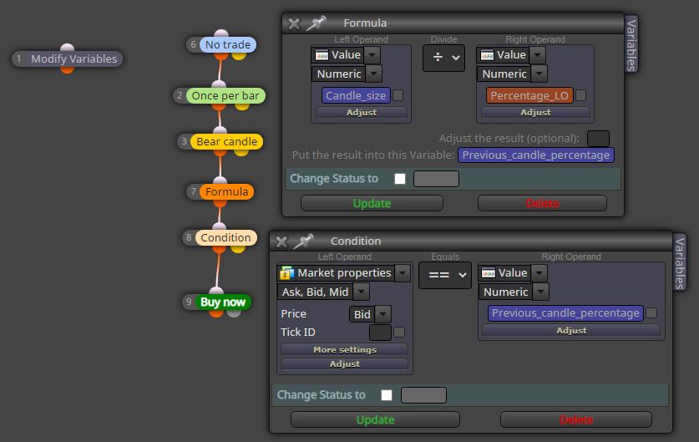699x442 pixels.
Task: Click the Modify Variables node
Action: (x=67, y=58)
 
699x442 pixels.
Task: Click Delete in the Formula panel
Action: (x=542, y=203)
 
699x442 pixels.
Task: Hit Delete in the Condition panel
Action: (x=576, y=419)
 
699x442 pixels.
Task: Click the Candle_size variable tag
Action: (x=356, y=95)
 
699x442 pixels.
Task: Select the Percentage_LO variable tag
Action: (x=529, y=95)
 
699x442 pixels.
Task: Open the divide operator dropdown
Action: (x=443, y=58)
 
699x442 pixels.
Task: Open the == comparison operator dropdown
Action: (x=445, y=275)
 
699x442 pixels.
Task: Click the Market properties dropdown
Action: (x=343, y=273)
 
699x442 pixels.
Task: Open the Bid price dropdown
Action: (x=370, y=314)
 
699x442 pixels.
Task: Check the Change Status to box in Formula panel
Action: (x=400, y=179)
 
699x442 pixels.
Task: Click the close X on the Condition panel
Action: (x=281, y=241)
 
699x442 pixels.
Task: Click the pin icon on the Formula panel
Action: (x=316, y=23)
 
